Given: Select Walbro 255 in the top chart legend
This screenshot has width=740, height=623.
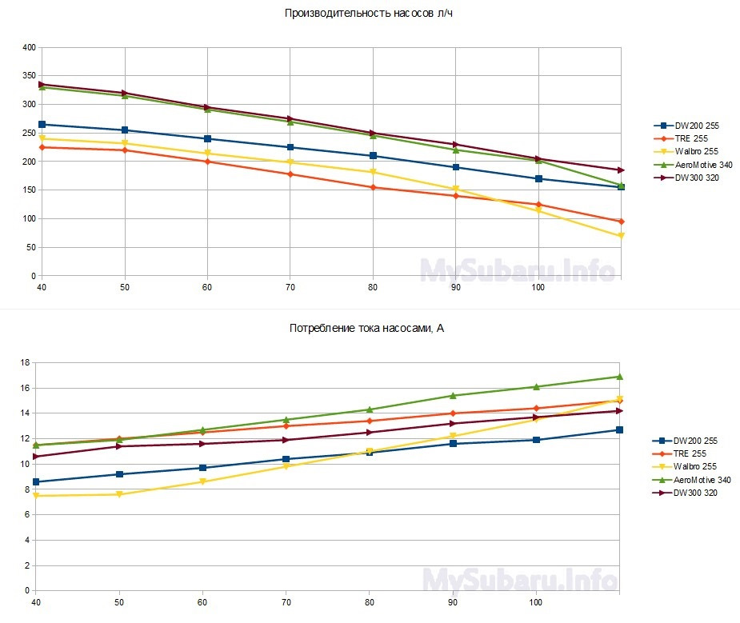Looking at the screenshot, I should [x=693, y=151].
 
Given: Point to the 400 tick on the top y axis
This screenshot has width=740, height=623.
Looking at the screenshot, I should [x=28, y=48].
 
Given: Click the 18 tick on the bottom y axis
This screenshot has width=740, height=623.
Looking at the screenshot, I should [x=25, y=363].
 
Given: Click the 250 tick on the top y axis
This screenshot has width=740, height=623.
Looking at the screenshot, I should [x=28, y=134].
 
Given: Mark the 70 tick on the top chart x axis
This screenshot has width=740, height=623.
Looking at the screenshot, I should [x=290, y=286].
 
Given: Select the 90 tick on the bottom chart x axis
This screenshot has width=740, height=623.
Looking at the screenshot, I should [x=453, y=601].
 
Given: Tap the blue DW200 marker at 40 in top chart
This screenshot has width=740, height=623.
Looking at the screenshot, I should [x=42, y=125].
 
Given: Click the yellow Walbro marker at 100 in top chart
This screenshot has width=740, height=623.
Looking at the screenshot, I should [x=538, y=210].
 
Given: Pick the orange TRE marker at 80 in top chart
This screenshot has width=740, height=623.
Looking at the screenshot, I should [x=373, y=187].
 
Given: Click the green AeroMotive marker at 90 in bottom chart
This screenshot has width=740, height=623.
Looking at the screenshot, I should [x=453, y=395].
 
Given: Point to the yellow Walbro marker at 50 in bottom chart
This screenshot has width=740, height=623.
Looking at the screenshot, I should [x=119, y=494].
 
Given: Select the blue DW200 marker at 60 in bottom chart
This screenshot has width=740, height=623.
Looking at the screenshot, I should [x=202, y=468].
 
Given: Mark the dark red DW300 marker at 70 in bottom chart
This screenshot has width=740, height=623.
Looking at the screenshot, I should [x=286, y=440].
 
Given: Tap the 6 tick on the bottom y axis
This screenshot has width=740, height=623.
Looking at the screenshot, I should [x=26, y=515].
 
